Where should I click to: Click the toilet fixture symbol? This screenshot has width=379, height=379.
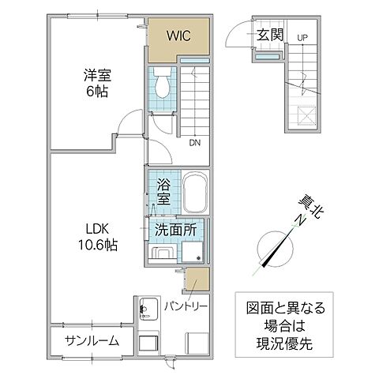coord(161,82)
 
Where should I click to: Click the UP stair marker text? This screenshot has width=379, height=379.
coord(303,37)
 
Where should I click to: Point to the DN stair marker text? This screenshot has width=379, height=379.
coord(193,143)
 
